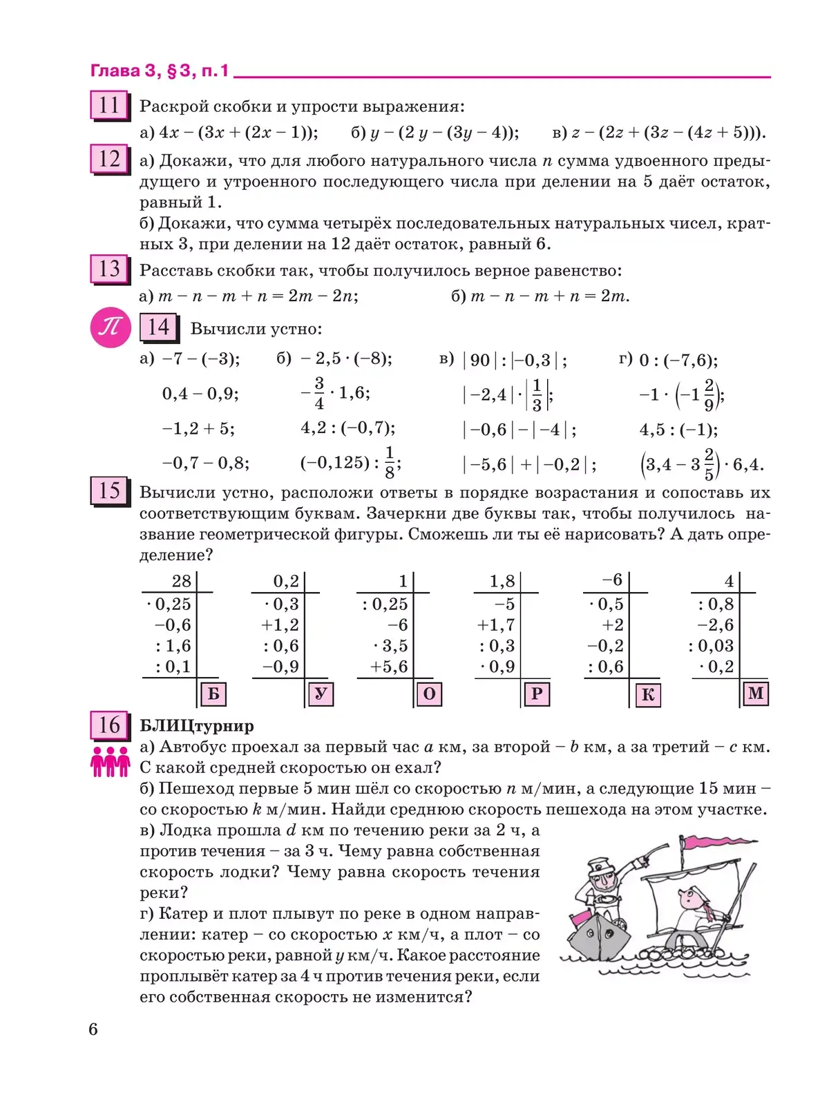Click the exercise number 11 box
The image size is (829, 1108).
point(109,106)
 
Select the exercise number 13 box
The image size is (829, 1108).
point(109,269)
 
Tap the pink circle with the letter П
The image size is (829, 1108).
point(111,327)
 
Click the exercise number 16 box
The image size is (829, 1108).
point(109,725)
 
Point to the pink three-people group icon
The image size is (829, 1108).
point(110,761)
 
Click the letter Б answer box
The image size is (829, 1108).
point(213,694)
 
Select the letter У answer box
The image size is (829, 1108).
point(321,694)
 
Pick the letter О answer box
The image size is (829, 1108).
point(429,694)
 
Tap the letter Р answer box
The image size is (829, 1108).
point(537,694)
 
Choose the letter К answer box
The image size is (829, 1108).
point(647,694)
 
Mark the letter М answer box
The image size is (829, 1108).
point(756,693)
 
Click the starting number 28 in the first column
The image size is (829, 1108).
point(181,581)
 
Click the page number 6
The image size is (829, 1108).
point(93,1029)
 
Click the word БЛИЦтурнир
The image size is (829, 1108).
point(197,725)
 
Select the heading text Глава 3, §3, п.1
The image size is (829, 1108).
point(160,71)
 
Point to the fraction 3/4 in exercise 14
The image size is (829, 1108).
point(319,393)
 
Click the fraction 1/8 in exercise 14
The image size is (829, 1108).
point(390,462)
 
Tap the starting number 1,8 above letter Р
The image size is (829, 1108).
point(502,581)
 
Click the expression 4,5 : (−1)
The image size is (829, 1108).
point(678,430)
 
